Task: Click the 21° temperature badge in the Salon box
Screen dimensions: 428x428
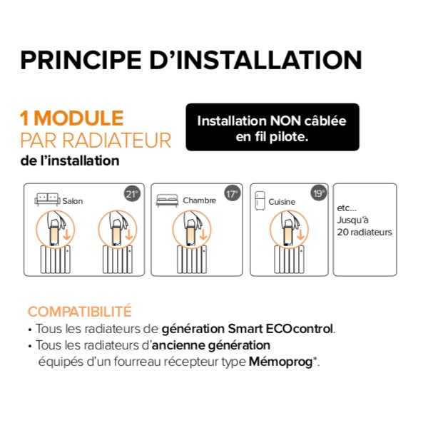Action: (133, 194)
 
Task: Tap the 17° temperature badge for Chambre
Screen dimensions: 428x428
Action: (233, 194)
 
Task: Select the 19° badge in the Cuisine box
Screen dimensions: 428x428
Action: (319, 193)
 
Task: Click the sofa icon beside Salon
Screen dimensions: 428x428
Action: (47, 199)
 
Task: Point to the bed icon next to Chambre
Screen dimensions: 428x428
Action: (167, 200)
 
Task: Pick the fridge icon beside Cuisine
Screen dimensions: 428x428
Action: (260, 201)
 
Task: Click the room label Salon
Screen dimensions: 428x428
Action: (72, 201)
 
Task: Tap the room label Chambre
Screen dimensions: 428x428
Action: (200, 200)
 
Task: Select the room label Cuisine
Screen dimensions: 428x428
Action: (282, 202)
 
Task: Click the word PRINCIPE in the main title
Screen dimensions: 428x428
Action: (81, 60)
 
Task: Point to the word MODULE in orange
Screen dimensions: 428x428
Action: (78, 118)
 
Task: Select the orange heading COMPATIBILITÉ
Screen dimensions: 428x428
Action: (80, 312)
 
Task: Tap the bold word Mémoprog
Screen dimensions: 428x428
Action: (280, 362)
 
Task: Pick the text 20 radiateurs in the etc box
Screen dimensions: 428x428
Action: (365, 232)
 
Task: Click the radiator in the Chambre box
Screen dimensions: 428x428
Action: (192, 260)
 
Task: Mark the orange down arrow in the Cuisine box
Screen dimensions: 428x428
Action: (300, 235)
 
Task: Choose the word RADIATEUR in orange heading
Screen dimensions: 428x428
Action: (116, 141)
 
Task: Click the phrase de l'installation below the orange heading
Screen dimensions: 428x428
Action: (70, 160)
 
